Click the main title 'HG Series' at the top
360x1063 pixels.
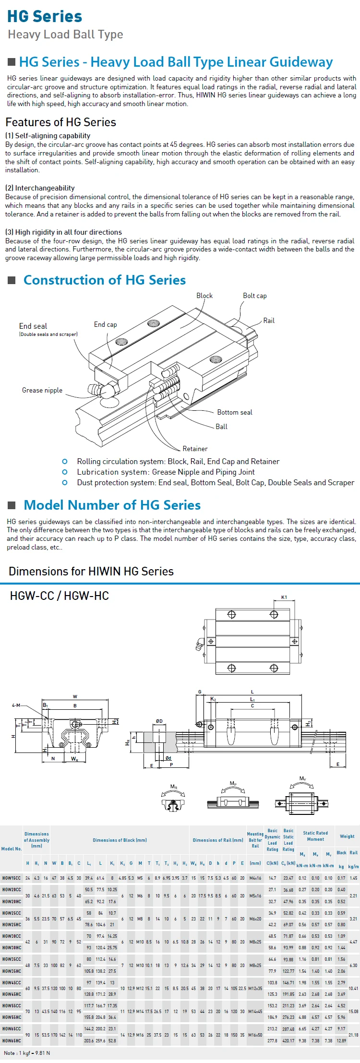pyautogui.click(x=45, y=16)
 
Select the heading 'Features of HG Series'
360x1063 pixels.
pyautogui.click(x=60, y=122)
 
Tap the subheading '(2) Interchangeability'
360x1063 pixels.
pyautogui.click(x=40, y=188)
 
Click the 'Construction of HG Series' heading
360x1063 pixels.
pyautogui.click(x=104, y=280)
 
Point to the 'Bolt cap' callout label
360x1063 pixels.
pyautogui.click(x=254, y=296)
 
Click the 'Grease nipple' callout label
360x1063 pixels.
pyautogui.click(x=42, y=390)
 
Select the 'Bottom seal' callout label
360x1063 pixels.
pyautogui.click(x=234, y=412)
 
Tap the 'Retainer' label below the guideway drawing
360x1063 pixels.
pyautogui.click(x=195, y=449)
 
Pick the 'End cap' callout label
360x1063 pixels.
pyautogui.click(x=105, y=324)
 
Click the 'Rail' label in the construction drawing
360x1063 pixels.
pyautogui.click(x=269, y=321)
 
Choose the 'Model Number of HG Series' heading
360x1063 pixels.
pyautogui.click(x=112, y=505)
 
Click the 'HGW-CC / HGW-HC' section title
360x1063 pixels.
pyautogui.click(x=60, y=596)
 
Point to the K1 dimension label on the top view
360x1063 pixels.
pyautogui.click(x=284, y=597)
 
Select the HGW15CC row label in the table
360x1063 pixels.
pyautogui.click(x=12, y=878)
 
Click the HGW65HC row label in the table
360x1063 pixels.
pyautogui.click(x=12, y=1040)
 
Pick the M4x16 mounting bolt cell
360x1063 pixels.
pyautogui.click(x=255, y=878)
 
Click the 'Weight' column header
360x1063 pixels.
pyautogui.click(x=347, y=836)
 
